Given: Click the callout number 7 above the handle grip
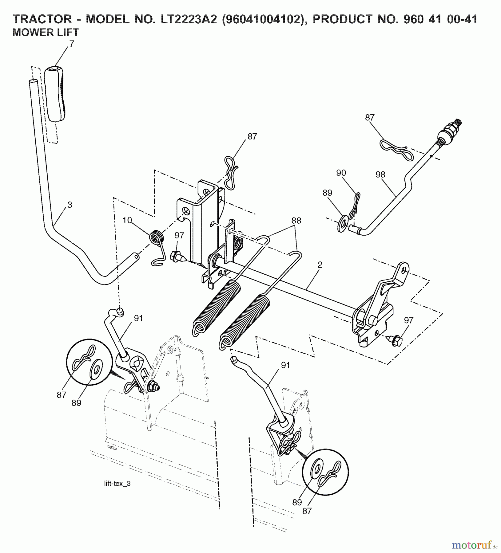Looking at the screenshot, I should tap(72, 44).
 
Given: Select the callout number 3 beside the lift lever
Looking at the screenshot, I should tap(70, 205).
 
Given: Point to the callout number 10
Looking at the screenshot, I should tap(127, 220).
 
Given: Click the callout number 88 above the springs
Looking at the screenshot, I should tap(296, 221).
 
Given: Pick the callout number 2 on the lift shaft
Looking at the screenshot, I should tap(320, 265).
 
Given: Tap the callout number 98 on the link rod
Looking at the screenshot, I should tap(380, 175).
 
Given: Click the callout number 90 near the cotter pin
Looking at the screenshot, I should tap(341, 173).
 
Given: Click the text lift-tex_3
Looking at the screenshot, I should tap(117, 484).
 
